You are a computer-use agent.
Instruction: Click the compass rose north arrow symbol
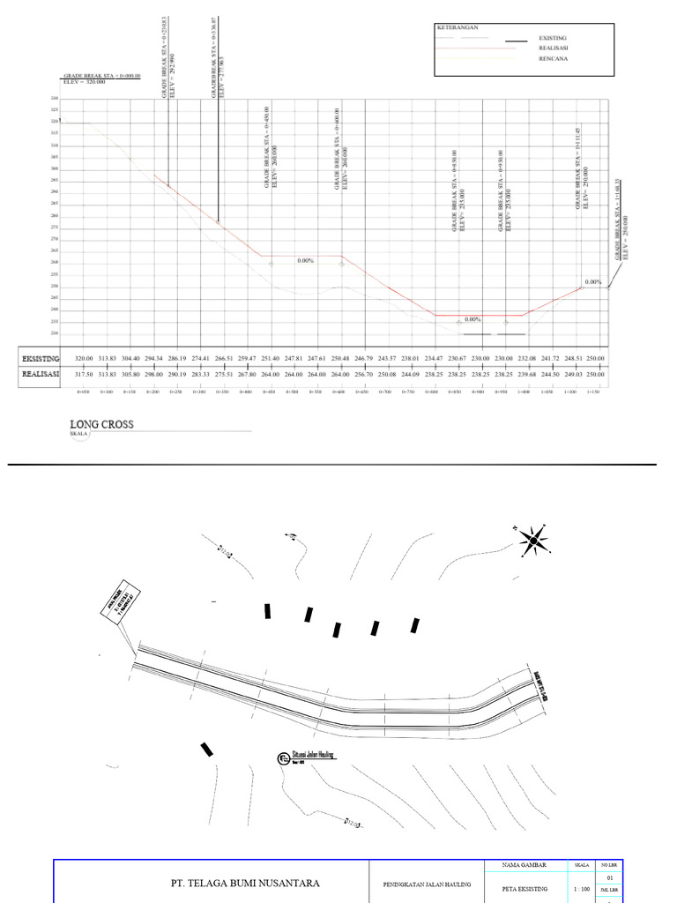click(x=532, y=539)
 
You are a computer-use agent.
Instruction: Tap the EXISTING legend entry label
click(x=554, y=39)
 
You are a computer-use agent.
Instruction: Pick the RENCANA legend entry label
click(x=553, y=59)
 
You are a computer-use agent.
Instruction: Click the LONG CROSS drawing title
click(x=102, y=424)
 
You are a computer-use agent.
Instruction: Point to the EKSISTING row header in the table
click(x=40, y=359)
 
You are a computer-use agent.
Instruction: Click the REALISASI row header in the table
click(x=40, y=375)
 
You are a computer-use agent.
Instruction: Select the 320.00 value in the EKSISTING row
click(x=84, y=359)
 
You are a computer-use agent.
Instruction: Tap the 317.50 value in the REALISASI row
click(x=84, y=375)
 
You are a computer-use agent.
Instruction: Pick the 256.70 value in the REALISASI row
click(x=363, y=375)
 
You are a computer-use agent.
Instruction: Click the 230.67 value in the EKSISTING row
click(x=457, y=359)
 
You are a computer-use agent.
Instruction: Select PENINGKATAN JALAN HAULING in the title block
click(x=428, y=884)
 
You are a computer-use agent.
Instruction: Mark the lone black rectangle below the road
click(x=206, y=750)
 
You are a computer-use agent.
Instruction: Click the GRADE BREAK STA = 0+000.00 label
click(x=101, y=77)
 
